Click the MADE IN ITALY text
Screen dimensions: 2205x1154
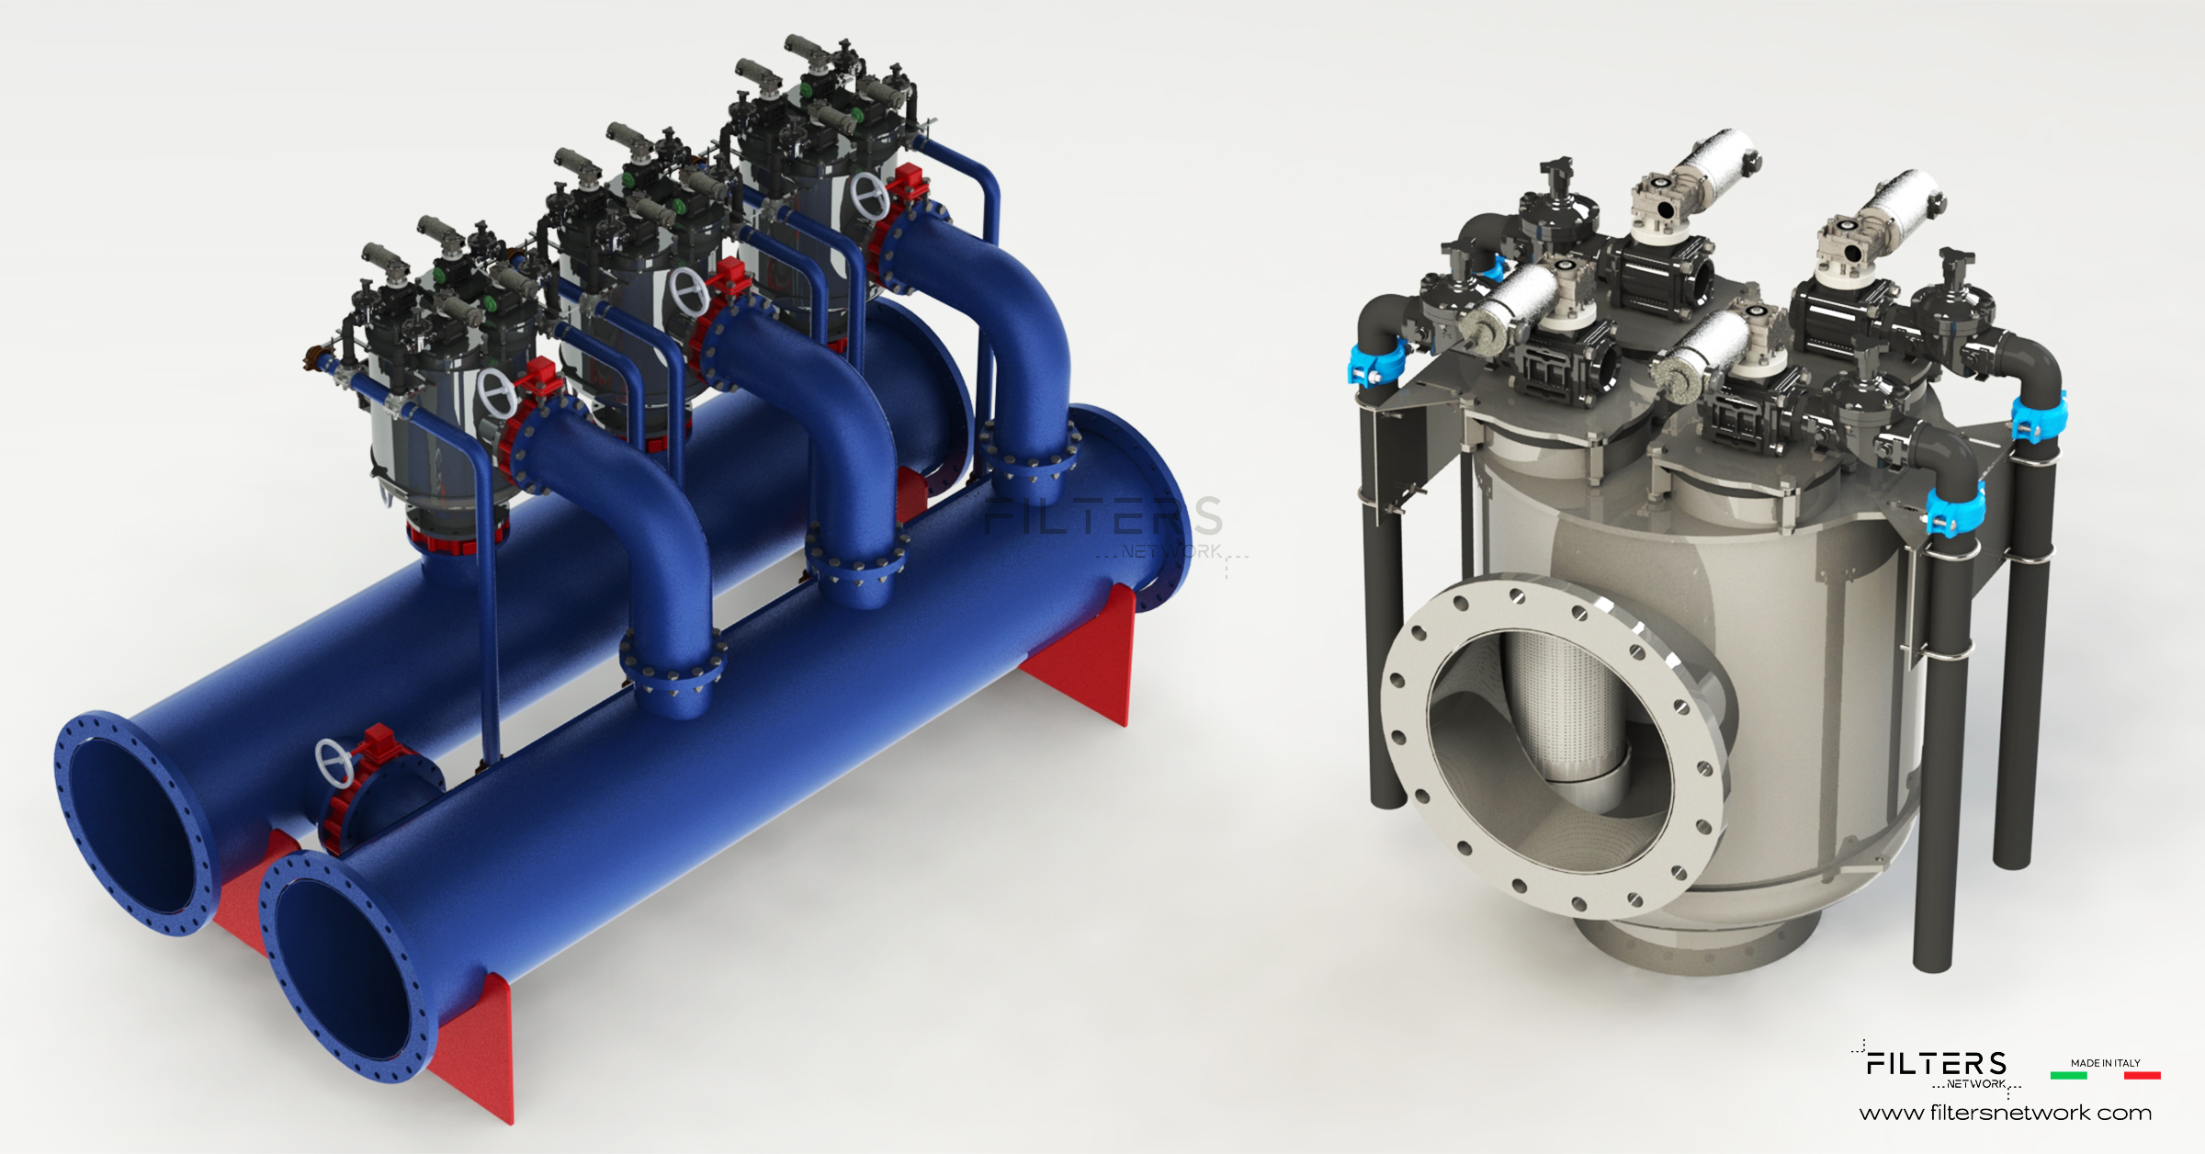(2106, 1063)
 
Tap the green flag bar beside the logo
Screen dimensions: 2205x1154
(2068, 1075)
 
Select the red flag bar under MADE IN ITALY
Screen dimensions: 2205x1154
(2142, 1075)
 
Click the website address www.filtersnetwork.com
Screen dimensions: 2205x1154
(2006, 1114)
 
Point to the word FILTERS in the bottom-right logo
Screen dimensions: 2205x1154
(1937, 1064)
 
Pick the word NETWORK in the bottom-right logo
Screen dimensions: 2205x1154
(1975, 1084)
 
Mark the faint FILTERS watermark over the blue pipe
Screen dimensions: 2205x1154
(1102, 516)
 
